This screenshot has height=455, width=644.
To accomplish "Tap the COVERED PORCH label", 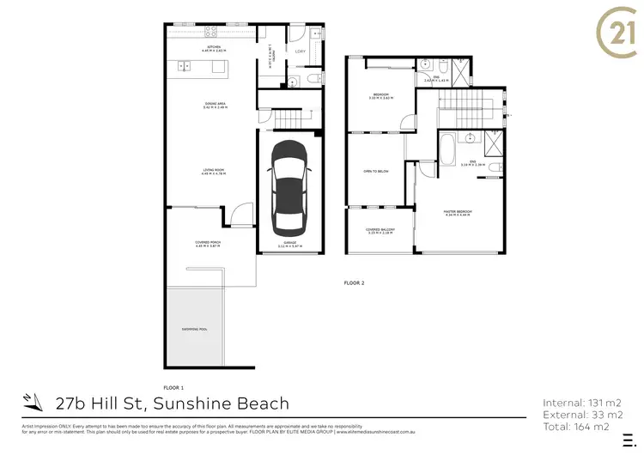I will point(210,245).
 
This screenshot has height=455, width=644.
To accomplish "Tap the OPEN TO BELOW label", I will point(379,171).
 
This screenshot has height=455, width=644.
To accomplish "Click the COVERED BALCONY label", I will point(379,230).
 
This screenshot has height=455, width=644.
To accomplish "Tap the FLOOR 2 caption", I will point(355,282).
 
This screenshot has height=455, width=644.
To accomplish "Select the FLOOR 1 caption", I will point(173,387).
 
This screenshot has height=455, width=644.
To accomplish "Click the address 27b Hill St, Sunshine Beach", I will point(172,403).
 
